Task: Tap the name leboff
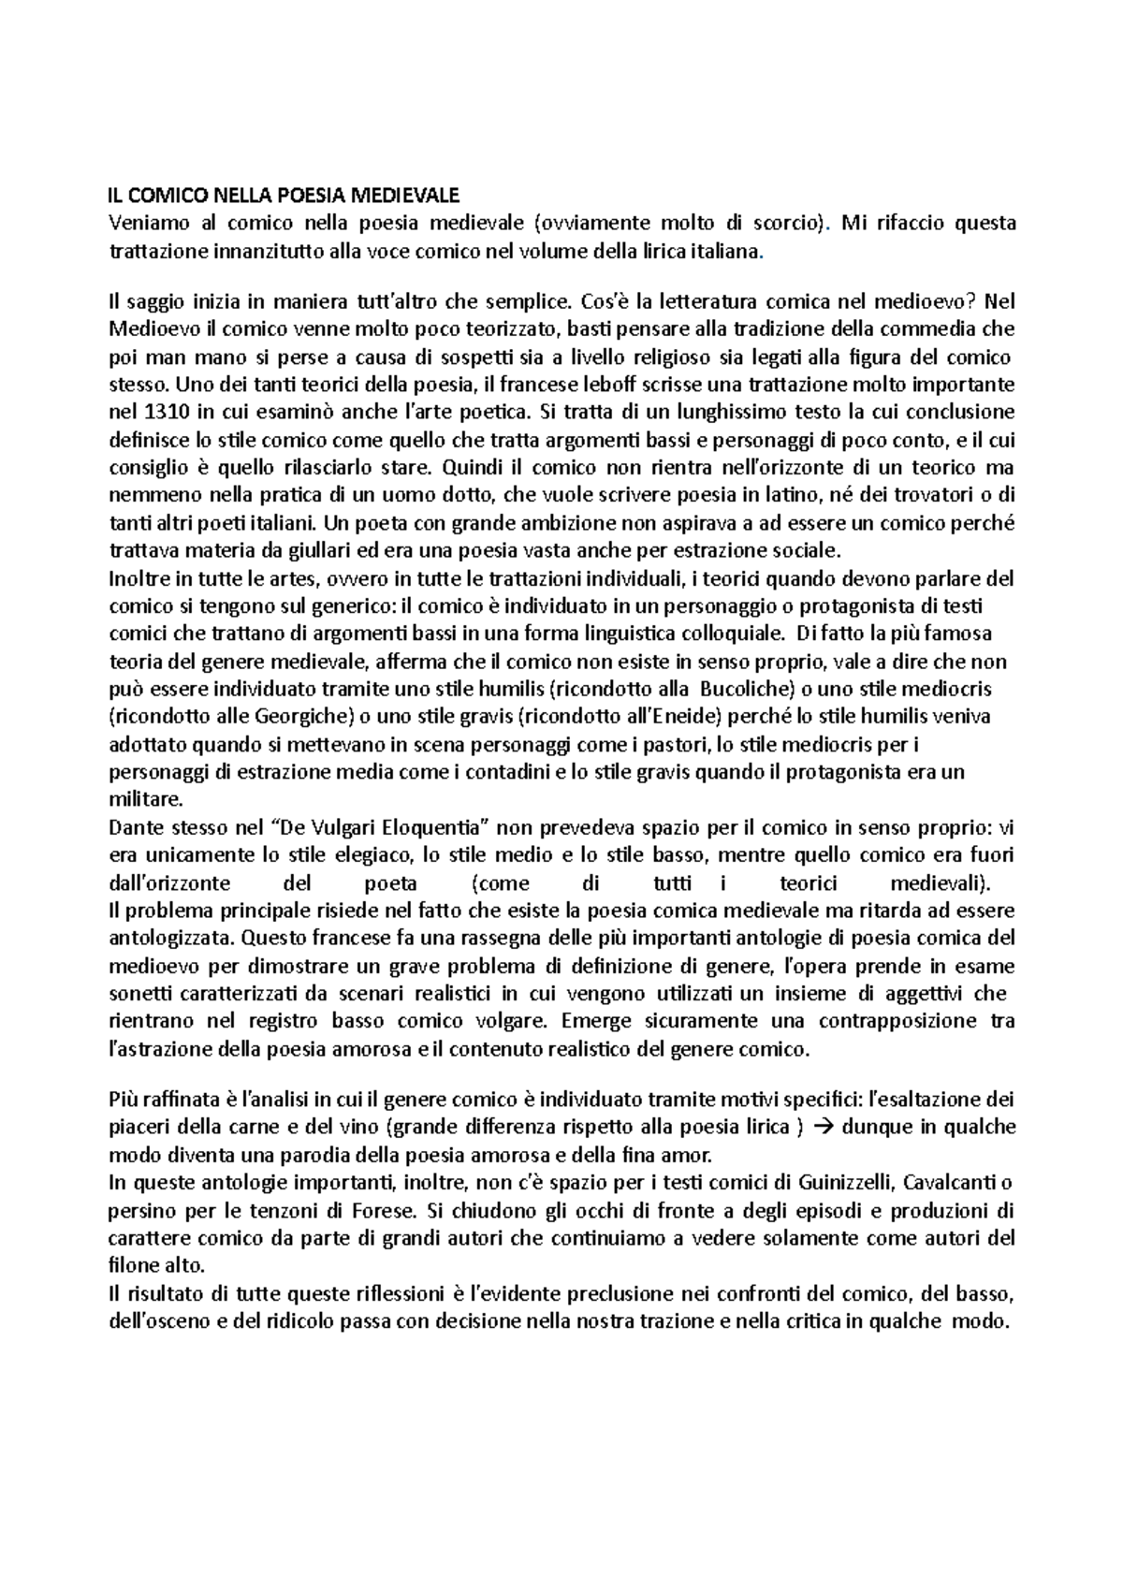point(610,385)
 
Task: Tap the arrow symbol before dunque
point(823,1128)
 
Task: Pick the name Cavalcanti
point(951,1182)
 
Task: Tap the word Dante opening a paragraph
point(135,827)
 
